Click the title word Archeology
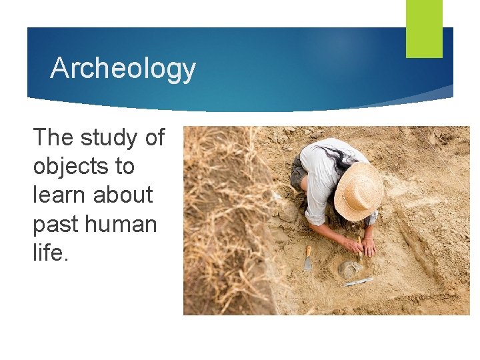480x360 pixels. (x=123, y=68)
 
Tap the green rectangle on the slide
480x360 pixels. (x=424, y=28)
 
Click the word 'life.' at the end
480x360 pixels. (x=51, y=253)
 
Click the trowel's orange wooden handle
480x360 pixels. (x=309, y=251)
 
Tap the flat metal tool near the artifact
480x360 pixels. (x=358, y=282)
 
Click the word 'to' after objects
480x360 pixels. (x=123, y=167)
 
